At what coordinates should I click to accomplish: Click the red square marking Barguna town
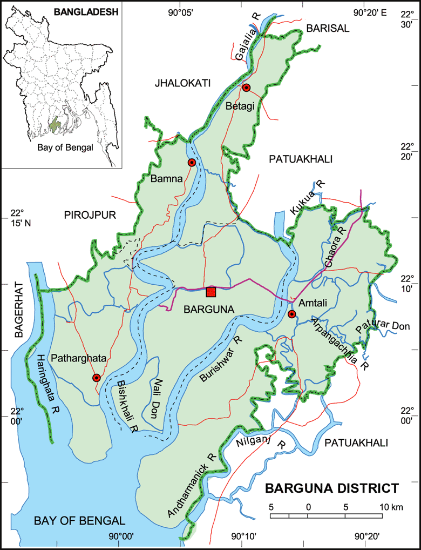[x=211, y=292]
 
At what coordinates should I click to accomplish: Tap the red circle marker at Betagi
[x=246, y=88]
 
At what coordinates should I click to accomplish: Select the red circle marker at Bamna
[x=191, y=163]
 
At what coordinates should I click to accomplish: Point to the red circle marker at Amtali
[x=292, y=314]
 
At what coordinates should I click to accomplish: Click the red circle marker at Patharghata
[x=97, y=378]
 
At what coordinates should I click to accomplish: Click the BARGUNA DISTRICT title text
[x=331, y=489]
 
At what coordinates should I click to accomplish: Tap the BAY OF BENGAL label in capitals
[x=79, y=521]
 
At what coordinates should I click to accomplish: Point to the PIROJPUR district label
[x=90, y=215]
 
